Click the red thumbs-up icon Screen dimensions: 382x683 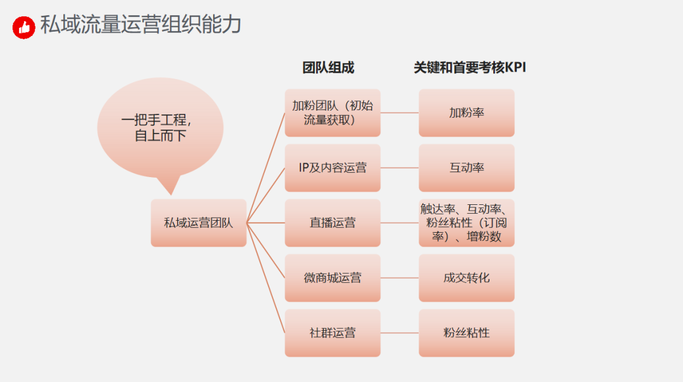(24, 27)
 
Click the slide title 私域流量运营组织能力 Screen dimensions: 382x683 (140, 25)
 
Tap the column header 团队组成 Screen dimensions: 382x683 (328, 68)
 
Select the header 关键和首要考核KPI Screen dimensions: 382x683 (470, 68)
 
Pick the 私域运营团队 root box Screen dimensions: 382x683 (199, 223)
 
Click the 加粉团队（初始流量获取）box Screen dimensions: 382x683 (333, 113)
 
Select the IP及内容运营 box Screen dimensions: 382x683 (333, 168)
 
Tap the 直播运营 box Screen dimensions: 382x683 (333, 223)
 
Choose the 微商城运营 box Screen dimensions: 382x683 (333, 278)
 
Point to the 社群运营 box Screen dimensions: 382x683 (333, 333)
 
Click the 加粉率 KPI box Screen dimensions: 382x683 (467, 113)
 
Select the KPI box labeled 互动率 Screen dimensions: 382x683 (467, 168)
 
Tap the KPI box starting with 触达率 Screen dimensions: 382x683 (467, 223)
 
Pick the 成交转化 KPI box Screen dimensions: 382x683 (467, 278)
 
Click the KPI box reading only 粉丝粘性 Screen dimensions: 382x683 (467, 333)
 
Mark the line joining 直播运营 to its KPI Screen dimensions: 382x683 (400, 223)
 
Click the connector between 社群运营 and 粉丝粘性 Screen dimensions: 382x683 (400, 333)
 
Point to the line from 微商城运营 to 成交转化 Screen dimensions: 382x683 (400, 278)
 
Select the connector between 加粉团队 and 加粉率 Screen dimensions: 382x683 (400, 113)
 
